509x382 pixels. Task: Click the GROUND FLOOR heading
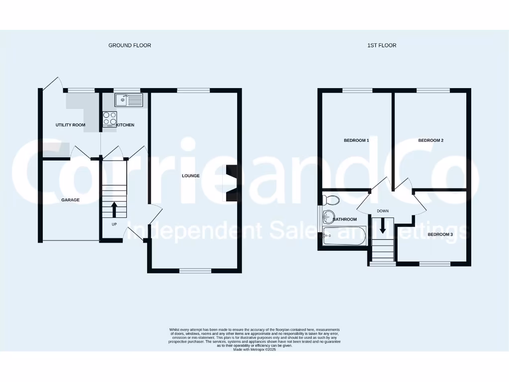pos(130,45)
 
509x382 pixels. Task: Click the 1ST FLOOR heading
pos(382,45)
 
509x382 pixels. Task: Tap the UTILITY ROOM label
pos(71,125)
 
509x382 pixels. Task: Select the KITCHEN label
pos(125,125)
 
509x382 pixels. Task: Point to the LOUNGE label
pos(191,176)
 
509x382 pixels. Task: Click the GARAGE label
pos(70,200)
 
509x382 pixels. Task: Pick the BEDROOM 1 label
pos(356,140)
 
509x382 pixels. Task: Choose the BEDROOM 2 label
pos(430,140)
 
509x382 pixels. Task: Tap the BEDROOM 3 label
pos(440,234)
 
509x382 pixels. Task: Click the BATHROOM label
pos(345,219)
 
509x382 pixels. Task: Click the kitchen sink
pos(129,100)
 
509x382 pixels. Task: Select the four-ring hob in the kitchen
pos(109,118)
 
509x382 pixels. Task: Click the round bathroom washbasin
pos(328,216)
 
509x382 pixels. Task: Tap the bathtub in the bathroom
pos(344,236)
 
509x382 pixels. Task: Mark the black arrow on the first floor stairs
pos(383,226)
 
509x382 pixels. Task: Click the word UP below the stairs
pos(114,224)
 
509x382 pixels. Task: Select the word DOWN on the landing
pos(383,211)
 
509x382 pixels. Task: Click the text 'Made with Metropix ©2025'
pos(254,350)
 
